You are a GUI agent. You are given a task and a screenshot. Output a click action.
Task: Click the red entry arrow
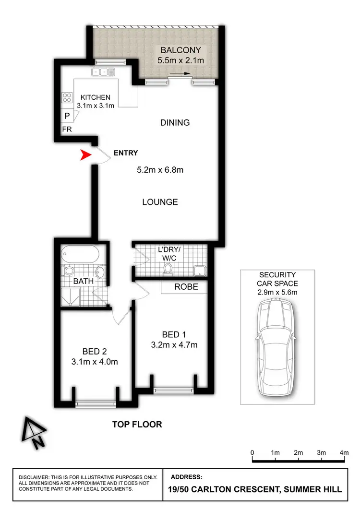(85, 155)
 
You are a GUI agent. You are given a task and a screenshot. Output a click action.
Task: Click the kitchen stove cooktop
(66, 98)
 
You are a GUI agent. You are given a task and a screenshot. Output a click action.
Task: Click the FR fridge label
(66, 130)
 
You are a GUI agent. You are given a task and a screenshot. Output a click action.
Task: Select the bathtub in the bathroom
(80, 253)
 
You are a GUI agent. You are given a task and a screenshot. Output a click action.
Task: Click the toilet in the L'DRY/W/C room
(168, 272)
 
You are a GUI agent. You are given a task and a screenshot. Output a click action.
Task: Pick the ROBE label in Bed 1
(184, 287)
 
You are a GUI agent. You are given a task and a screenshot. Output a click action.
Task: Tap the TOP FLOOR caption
(137, 424)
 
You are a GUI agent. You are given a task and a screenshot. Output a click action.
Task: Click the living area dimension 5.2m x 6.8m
(160, 169)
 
